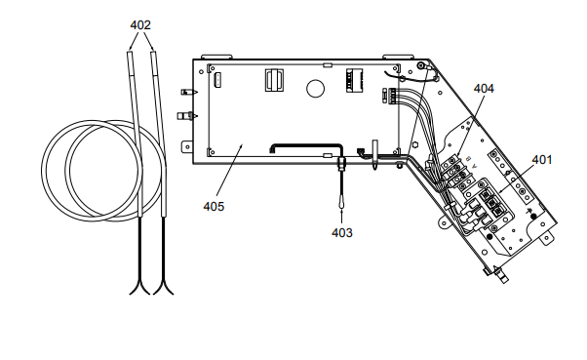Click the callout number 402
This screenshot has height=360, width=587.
[140, 25]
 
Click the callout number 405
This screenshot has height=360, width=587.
[214, 207]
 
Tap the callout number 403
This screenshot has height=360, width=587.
[342, 232]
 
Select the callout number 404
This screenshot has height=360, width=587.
[484, 89]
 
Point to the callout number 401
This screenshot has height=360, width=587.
[542, 160]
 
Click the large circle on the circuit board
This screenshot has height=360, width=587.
[315, 89]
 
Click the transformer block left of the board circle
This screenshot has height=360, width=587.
[274, 80]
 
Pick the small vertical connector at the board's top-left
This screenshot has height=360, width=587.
[217, 80]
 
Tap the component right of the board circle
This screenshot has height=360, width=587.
[354, 80]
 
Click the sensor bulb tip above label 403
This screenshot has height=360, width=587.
[342, 202]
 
